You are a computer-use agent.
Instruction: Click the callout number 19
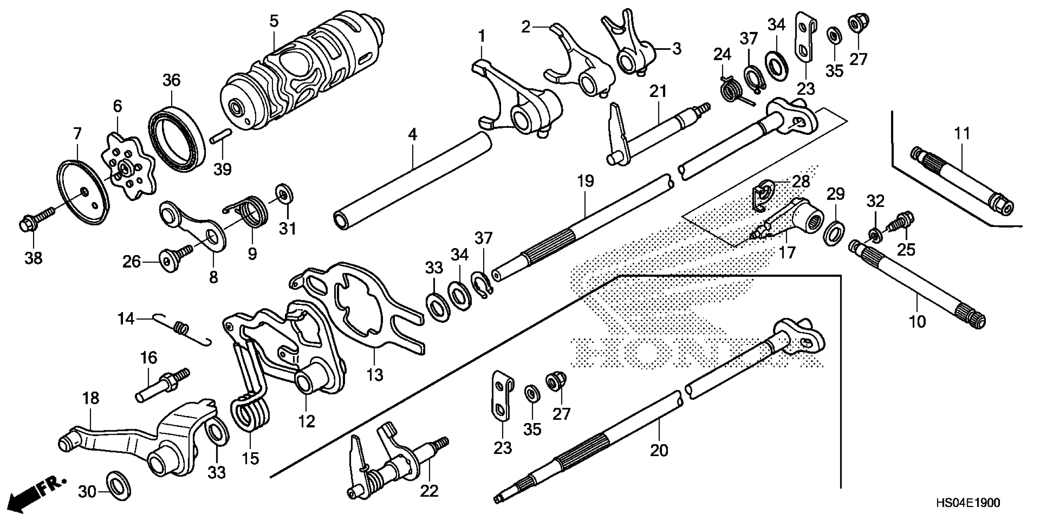585,181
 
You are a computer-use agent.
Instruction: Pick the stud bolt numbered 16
162,385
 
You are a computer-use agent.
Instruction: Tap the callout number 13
374,375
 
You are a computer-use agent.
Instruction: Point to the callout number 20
659,449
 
